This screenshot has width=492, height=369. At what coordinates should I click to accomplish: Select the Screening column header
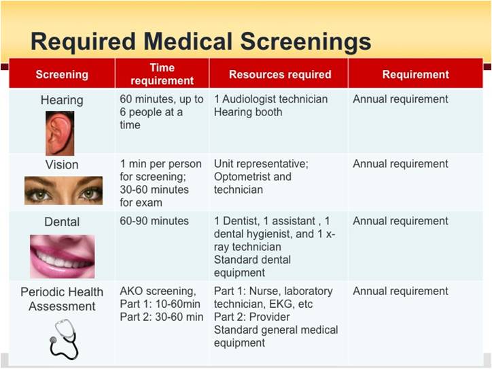[62, 75]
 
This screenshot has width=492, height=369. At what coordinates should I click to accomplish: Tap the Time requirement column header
[162, 74]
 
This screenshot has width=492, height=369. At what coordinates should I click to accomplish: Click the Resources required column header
[280, 75]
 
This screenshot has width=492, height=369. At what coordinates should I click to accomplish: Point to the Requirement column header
[415, 75]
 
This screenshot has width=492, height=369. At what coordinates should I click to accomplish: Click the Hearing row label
[62, 100]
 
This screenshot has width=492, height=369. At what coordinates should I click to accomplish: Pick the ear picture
[60, 133]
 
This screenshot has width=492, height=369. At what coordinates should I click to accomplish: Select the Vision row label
[62, 164]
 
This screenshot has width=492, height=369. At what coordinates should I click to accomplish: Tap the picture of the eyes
[63, 191]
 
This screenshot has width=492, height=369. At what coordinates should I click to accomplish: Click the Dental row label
[62, 222]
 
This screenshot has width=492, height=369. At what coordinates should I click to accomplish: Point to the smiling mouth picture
[62, 256]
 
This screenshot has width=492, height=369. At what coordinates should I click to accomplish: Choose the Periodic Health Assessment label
[62, 299]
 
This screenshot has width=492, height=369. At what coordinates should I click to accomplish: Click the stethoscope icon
[64, 338]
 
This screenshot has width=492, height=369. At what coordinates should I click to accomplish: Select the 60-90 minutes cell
[154, 222]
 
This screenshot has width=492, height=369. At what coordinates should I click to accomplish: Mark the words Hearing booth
[248, 112]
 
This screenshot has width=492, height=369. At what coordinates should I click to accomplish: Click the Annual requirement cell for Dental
[400, 222]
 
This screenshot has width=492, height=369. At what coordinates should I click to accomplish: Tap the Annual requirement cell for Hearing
[400, 99]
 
